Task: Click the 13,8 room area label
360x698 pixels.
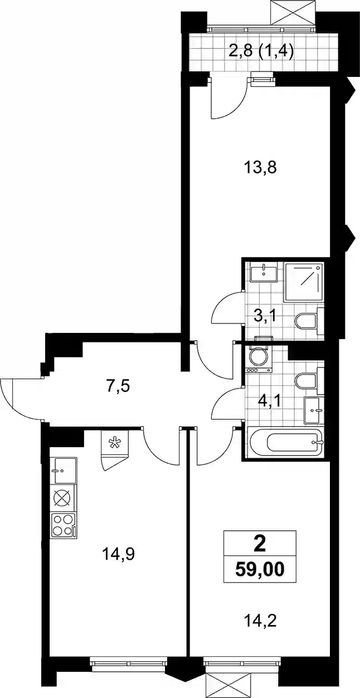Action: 260,168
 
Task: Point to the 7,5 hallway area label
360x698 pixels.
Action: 118,387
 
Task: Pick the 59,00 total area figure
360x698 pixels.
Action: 260,570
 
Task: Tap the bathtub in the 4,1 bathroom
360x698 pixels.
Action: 285,443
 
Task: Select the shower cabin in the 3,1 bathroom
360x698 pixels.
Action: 304,282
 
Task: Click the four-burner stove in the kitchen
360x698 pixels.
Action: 63,526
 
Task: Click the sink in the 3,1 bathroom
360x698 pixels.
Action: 264,272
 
